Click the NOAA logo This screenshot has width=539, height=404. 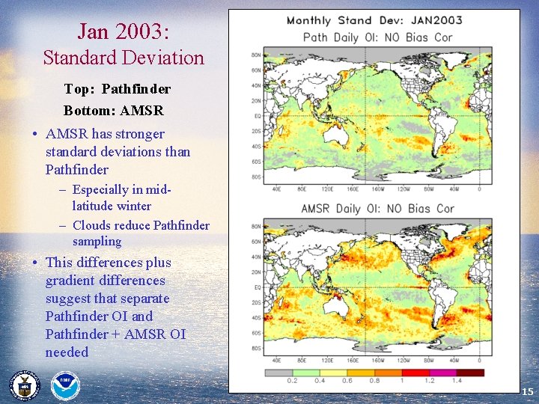(64, 386)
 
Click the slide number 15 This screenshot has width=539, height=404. (527, 391)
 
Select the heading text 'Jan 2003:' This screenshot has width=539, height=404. (124, 31)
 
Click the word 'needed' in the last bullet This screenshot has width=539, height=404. (67, 352)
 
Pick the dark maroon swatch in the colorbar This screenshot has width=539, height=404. (470, 372)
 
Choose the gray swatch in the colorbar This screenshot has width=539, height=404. (278, 372)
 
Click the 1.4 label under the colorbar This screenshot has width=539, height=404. (456, 381)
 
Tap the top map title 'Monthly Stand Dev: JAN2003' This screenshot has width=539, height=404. (374, 20)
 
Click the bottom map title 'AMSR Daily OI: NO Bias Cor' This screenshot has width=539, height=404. (377, 208)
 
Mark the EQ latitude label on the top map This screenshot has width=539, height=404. (257, 116)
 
